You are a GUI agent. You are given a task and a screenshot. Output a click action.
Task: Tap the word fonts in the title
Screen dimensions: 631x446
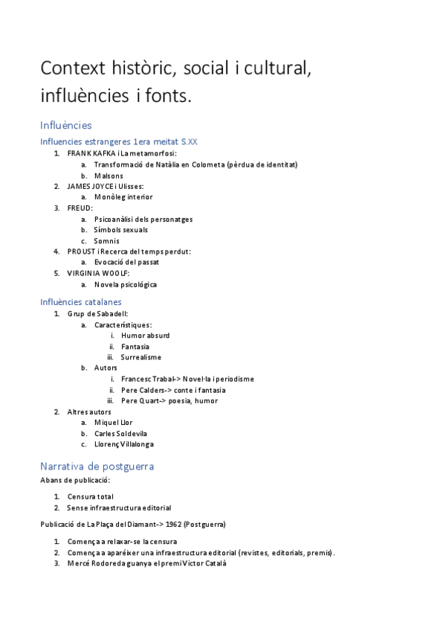168,96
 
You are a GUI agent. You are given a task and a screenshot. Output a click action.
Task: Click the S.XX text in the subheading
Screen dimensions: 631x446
189,140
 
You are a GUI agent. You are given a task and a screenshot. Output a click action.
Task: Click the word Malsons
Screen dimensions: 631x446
109,176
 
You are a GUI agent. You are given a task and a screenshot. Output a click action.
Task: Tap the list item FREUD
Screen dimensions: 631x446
80,208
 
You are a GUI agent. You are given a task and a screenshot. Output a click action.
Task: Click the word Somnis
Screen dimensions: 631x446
107,241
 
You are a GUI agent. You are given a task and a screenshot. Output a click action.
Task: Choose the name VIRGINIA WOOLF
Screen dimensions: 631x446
97,274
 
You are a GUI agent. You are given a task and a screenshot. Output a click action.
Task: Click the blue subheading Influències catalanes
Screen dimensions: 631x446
80,302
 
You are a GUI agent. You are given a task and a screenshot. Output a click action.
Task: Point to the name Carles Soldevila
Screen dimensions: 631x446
121,433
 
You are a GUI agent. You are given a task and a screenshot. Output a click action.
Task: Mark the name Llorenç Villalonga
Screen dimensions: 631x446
124,444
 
